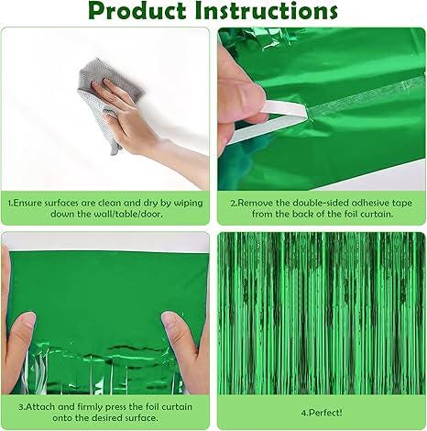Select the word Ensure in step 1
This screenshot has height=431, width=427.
click(31, 202)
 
